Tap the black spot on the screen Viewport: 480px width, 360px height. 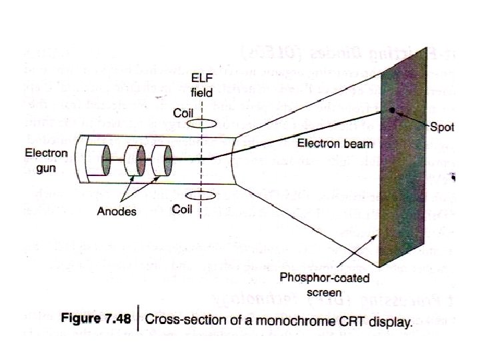point(395,110)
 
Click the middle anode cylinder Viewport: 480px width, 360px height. point(137,160)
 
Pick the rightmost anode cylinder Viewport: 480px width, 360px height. point(162,160)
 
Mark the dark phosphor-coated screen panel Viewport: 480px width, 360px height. point(404,153)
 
